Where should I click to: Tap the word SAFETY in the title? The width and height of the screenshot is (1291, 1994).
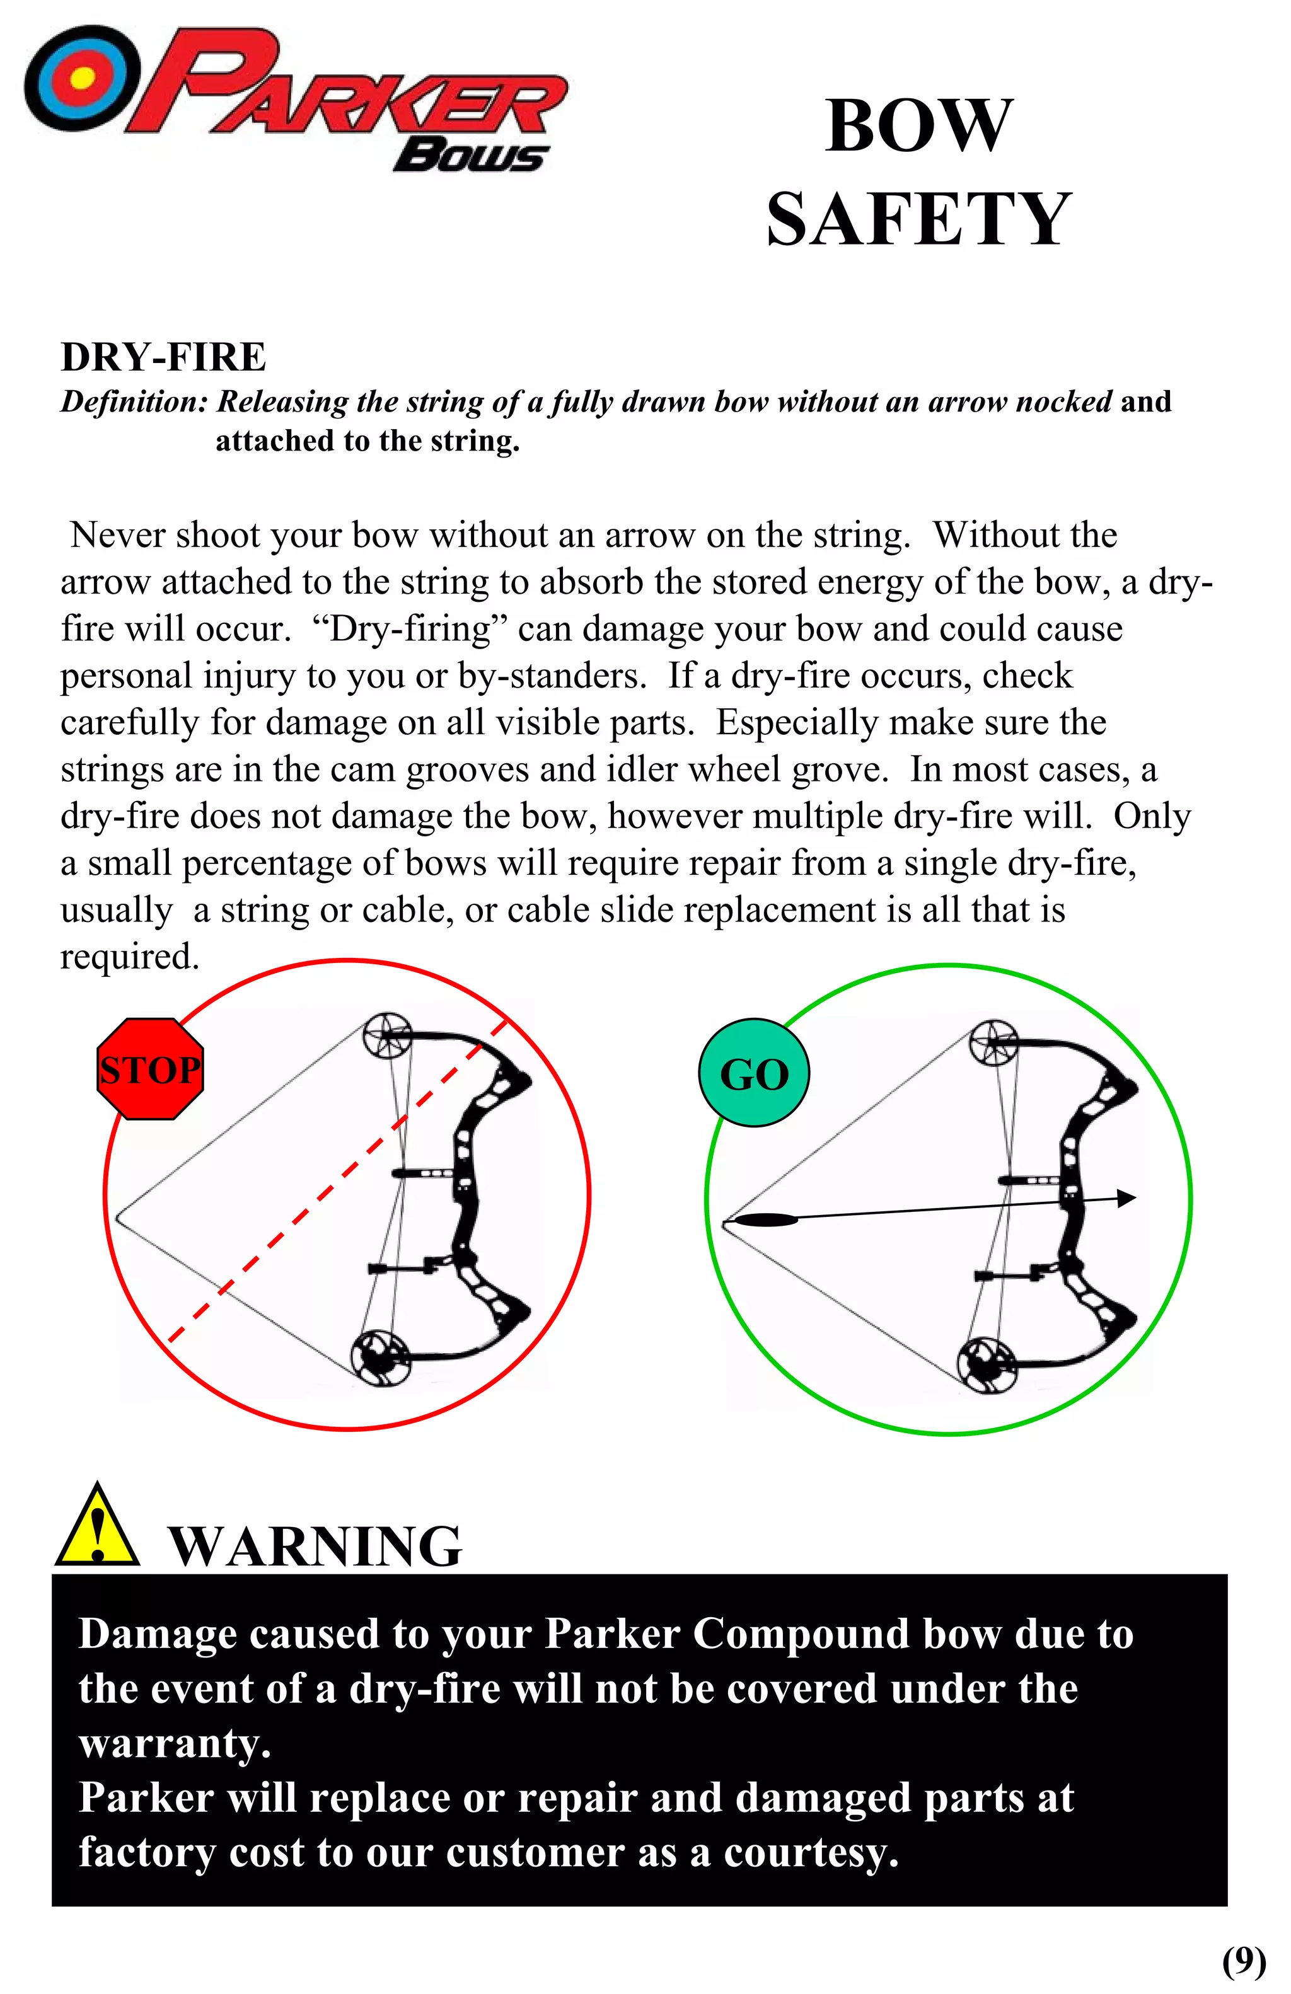tap(918, 219)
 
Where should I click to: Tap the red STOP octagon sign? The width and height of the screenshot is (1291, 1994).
tap(150, 1069)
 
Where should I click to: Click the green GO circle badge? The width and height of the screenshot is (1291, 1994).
tap(753, 1073)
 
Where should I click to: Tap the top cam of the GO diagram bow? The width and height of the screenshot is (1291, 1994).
tap(993, 1044)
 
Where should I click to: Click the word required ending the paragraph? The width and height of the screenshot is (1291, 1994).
tap(129, 957)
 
